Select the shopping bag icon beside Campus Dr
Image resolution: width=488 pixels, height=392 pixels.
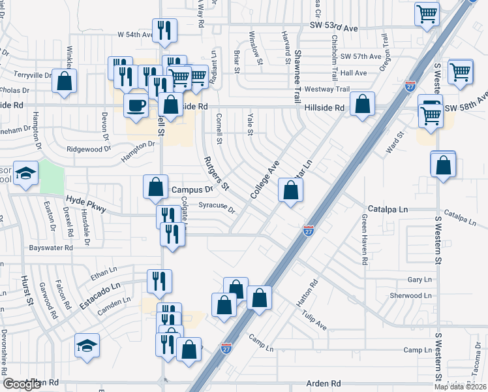156,187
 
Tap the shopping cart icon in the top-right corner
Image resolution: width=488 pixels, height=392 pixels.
426,12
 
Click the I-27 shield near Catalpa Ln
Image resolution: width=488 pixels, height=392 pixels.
309,230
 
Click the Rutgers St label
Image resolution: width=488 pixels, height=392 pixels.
215,172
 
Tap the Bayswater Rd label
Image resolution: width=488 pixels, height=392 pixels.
50,248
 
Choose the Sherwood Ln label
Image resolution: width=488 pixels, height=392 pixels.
411,295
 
